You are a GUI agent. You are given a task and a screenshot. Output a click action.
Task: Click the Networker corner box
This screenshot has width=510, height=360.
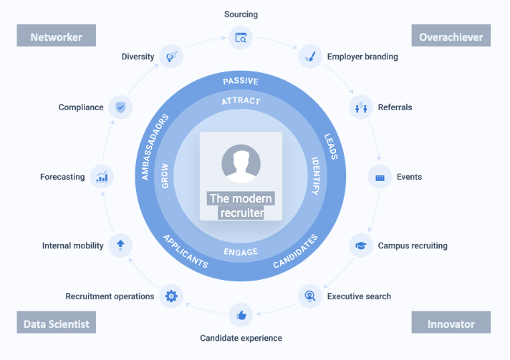tap(56, 36)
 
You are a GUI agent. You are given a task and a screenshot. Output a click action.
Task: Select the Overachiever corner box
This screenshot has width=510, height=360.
tap(451, 36)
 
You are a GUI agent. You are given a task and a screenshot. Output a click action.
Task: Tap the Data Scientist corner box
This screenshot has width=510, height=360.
tap(56, 323)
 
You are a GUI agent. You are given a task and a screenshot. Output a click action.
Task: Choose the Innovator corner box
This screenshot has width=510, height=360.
tap(451, 323)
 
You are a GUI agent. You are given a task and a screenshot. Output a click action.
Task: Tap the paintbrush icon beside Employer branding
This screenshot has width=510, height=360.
tap(309, 56)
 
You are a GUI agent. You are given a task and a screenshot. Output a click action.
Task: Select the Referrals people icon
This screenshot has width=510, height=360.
tap(360, 108)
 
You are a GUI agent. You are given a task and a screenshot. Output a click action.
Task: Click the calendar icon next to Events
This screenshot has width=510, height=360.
tap(380, 177)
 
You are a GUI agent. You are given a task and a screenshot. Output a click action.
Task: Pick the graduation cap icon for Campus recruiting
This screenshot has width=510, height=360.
tap(360, 245)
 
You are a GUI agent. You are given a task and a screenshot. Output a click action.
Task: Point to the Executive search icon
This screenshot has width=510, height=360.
tap(309, 296)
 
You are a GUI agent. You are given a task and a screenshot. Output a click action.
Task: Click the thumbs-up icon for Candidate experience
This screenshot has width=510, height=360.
tap(241, 315)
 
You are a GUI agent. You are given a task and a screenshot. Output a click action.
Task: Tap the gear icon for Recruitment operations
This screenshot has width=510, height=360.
tap(170, 296)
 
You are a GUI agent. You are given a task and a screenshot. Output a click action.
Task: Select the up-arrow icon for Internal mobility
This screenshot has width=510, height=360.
tap(120, 245)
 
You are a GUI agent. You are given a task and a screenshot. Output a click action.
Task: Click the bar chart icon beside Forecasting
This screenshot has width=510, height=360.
tap(102, 177)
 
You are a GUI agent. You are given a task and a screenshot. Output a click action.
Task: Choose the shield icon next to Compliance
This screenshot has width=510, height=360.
tap(120, 108)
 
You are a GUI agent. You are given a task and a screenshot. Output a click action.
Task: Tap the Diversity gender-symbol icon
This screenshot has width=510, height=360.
tap(170, 56)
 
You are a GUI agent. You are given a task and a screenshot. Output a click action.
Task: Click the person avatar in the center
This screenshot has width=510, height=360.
tap(241, 163)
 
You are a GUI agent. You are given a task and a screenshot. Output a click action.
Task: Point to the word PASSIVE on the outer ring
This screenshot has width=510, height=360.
tap(241, 81)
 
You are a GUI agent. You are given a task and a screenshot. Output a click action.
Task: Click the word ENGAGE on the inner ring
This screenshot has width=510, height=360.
tap(241, 252)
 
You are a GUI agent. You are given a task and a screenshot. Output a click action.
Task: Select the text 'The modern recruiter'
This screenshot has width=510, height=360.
tap(241, 205)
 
